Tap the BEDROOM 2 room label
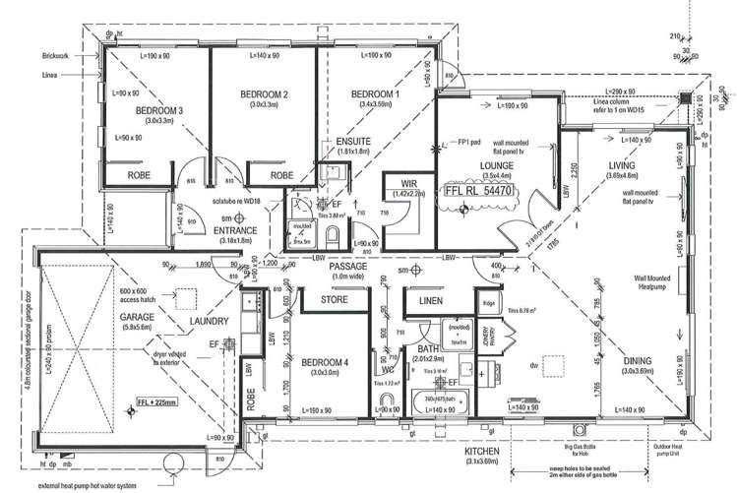coord(264,94)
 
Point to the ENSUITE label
coord(352,141)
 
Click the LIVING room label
coord(623,167)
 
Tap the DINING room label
coord(637,361)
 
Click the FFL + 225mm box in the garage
coord(151,401)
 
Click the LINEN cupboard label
coord(429,301)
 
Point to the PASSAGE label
coord(349,266)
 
